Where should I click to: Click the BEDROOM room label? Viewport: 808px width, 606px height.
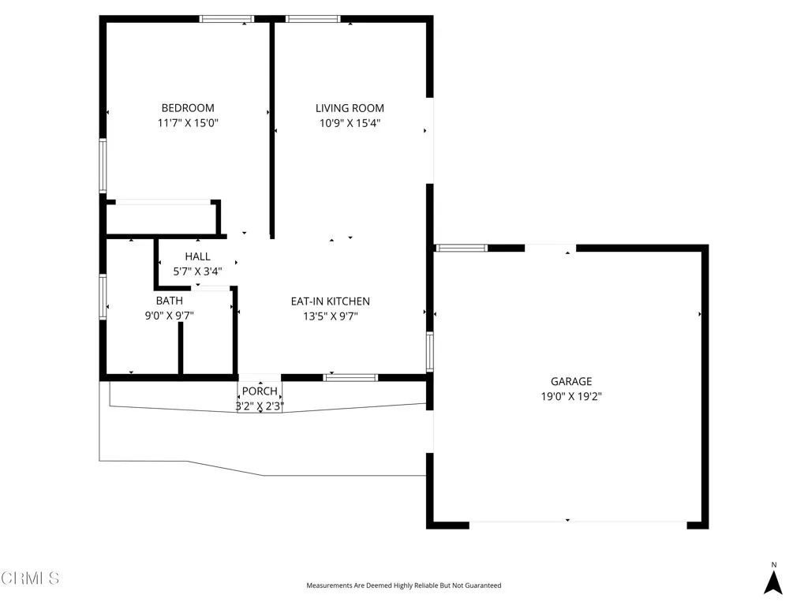point(188,108)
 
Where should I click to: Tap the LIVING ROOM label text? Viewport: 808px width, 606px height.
point(350,108)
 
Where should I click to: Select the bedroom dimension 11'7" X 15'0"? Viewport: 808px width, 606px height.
point(188,123)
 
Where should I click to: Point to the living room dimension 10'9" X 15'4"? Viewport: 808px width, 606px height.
point(350,123)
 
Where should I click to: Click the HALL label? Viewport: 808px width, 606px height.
point(197,256)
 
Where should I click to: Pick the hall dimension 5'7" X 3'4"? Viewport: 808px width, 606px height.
point(197,271)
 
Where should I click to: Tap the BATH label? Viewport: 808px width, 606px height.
point(169,301)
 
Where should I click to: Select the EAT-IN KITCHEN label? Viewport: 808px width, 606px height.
point(330,301)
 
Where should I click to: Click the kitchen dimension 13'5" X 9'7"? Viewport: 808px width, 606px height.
point(330,316)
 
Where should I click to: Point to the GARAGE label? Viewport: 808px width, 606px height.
point(570,382)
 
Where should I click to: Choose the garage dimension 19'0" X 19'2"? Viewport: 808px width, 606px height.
point(570,397)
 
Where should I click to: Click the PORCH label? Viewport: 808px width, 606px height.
point(260,391)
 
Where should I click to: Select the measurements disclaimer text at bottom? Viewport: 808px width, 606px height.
point(403,585)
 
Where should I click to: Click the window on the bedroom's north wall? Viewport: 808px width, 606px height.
point(226,18)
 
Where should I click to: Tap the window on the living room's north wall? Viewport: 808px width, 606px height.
point(312,18)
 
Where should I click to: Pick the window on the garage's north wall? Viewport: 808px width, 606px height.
point(462,248)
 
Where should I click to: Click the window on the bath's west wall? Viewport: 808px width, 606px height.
point(103,297)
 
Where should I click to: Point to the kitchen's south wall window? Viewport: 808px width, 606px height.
point(350,377)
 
